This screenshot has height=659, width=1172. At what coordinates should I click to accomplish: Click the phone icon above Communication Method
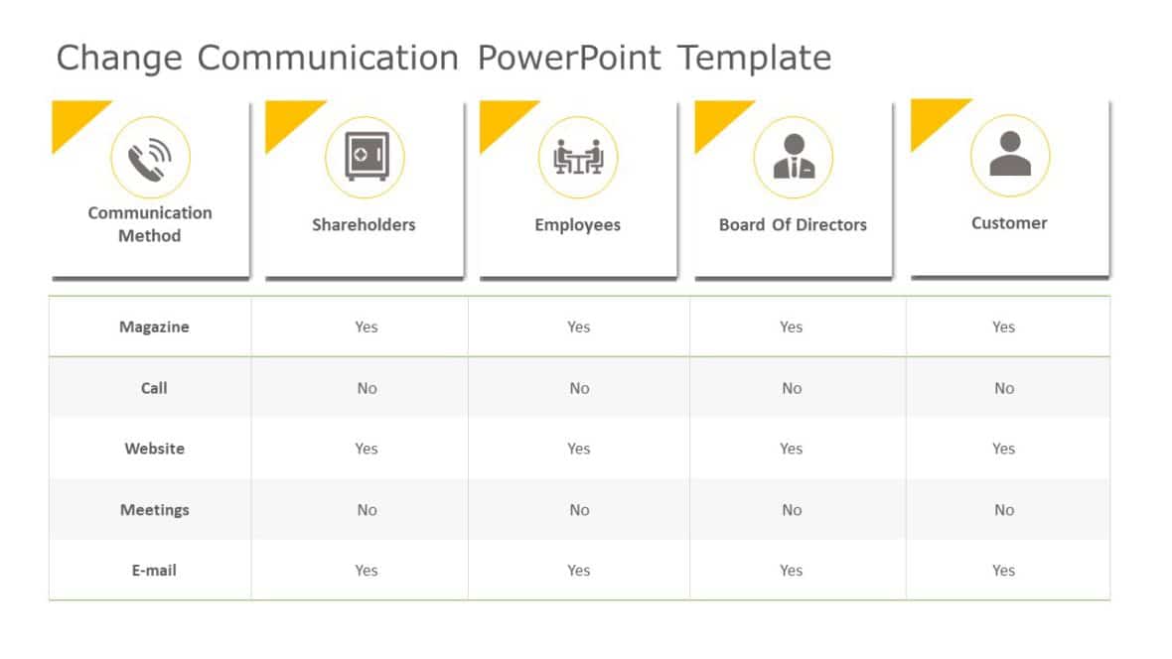(x=150, y=157)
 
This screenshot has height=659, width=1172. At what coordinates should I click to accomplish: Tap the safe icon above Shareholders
(x=365, y=157)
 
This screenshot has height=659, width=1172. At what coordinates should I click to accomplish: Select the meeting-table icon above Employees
(x=578, y=157)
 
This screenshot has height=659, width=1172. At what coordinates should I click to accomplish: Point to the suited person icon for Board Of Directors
(x=793, y=157)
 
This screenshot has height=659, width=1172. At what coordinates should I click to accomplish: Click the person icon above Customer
(x=1009, y=155)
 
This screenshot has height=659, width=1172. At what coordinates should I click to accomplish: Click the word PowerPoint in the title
(x=568, y=58)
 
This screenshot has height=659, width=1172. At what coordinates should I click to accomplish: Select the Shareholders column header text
(x=364, y=224)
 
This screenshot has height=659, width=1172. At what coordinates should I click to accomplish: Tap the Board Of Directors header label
(x=793, y=224)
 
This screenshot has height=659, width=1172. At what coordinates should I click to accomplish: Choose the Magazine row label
(x=154, y=327)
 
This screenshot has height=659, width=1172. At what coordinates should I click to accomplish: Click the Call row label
(x=154, y=388)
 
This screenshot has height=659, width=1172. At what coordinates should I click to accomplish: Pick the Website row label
(x=154, y=449)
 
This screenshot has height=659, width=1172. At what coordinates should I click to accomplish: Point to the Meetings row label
(x=154, y=510)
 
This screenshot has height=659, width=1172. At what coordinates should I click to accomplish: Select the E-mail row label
(x=154, y=571)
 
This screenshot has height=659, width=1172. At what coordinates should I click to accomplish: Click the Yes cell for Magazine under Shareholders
(x=366, y=327)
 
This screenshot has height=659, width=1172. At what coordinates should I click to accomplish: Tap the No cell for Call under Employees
(x=579, y=388)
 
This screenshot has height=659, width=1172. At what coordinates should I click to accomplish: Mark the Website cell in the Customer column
(x=1003, y=449)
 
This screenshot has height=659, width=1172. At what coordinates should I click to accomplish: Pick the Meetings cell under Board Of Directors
(x=792, y=510)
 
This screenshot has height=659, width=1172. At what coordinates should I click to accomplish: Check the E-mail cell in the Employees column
(x=579, y=571)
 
